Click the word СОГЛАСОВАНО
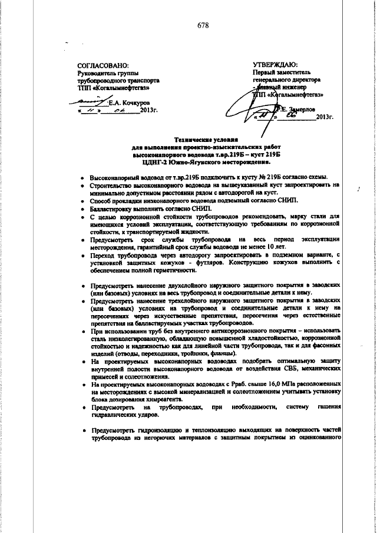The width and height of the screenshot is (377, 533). [103, 65]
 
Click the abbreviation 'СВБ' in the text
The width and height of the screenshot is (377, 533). [275, 368]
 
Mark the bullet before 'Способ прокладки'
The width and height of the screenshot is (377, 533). [82, 201]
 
